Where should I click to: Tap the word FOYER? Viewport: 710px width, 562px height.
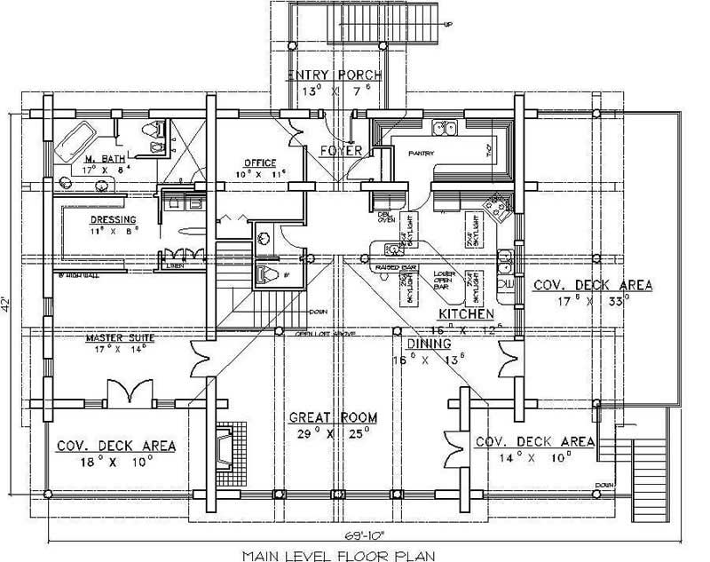pos(341,151)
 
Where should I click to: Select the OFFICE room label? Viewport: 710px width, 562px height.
pos(261,162)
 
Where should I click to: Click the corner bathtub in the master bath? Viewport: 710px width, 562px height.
pos(75,141)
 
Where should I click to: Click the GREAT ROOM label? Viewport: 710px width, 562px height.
pos(332,416)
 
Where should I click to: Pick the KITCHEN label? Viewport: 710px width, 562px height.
pos(465,314)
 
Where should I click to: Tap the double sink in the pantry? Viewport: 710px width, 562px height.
pos(444,130)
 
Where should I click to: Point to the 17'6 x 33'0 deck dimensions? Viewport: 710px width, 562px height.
pos(592,300)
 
